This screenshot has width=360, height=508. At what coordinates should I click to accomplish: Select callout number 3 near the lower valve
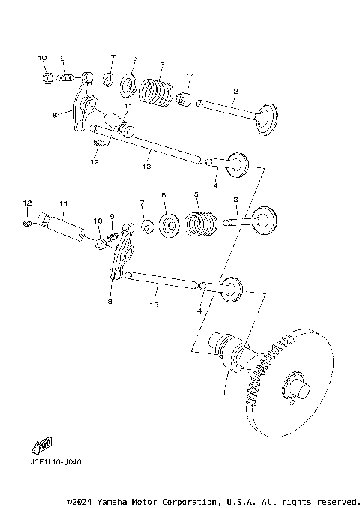235,200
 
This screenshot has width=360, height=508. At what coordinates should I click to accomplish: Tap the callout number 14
190,77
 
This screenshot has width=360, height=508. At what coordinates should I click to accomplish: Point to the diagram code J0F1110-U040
57,461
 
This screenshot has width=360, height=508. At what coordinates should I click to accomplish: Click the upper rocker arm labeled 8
82,105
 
